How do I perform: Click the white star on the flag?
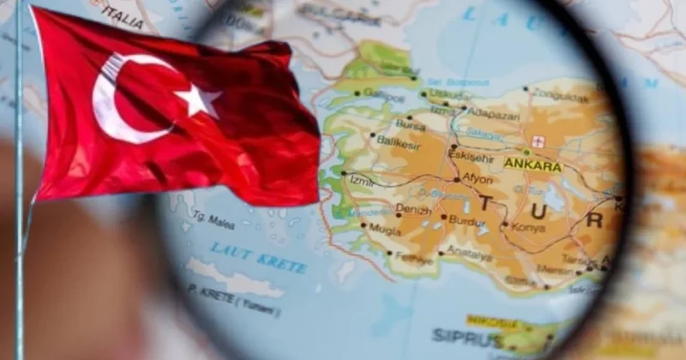point(199,101)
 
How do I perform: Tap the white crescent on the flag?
point(120,99)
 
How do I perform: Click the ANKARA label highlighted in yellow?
point(533,164)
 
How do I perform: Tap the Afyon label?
point(478,178)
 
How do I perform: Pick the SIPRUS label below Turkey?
point(454,334)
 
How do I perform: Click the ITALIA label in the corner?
point(120,15)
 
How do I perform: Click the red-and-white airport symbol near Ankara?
point(538,141)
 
